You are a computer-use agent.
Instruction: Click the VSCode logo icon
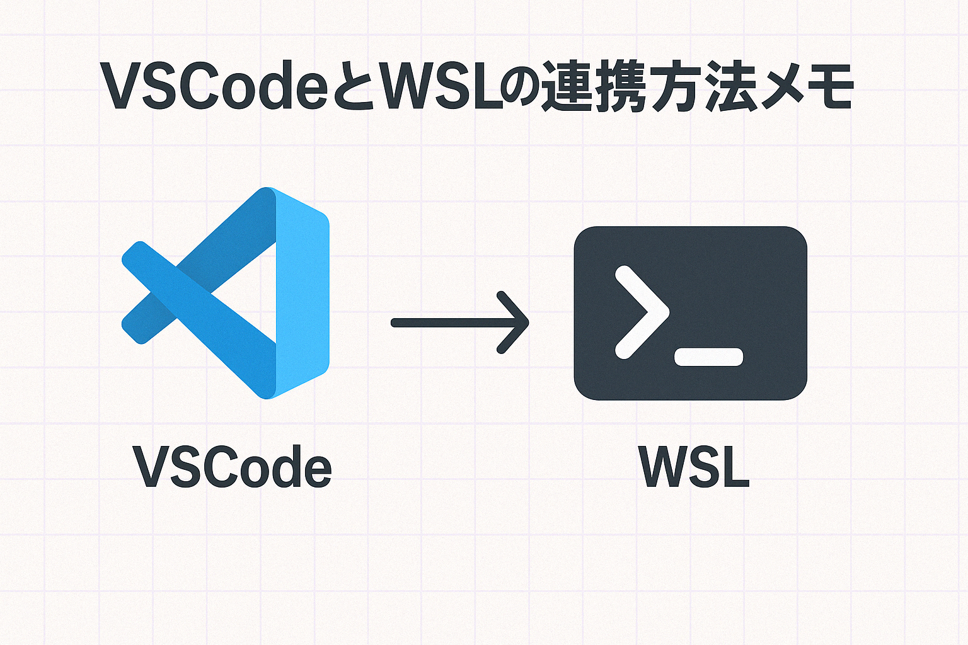point(226,293)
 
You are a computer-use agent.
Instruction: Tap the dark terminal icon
point(690,313)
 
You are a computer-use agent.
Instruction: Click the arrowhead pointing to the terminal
point(514,322)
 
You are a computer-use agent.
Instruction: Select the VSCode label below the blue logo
point(232,467)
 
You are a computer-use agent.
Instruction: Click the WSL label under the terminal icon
point(694,467)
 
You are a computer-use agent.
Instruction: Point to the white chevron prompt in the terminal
point(642,312)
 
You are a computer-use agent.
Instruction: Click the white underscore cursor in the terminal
point(709,357)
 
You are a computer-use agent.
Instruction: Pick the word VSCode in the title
point(214,86)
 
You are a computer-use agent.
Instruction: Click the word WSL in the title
point(441,86)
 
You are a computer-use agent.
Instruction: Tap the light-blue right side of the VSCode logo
point(302,293)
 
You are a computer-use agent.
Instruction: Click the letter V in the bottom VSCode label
point(153,467)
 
